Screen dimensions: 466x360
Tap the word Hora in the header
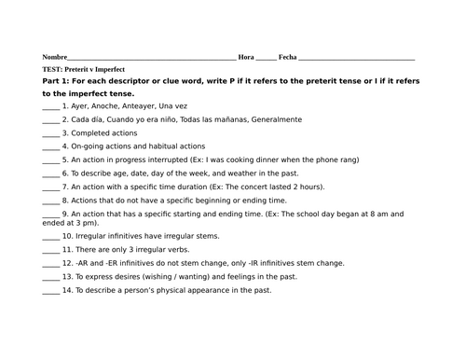point(246,57)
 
